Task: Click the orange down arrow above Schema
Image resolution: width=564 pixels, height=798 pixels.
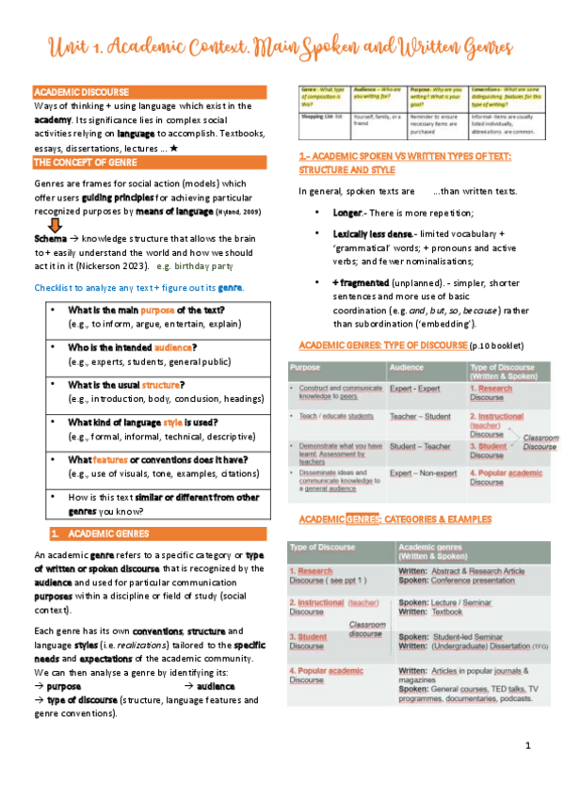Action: [x=56, y=225]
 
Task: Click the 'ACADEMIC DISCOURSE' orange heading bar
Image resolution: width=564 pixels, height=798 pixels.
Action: [x=82, y=91]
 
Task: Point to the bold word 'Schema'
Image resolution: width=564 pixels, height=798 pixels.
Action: [x=49, y=238]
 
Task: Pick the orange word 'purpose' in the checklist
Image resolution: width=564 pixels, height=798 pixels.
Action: [x=158, y=311]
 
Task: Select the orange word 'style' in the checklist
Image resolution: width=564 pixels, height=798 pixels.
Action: [x=172, y=423]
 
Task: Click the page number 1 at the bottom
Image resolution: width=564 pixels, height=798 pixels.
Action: [x=528, y=745]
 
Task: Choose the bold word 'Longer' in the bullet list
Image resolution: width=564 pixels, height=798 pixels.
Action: [x=348, y=214]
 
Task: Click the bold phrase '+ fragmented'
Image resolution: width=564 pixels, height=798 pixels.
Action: [x=361, y=282]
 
